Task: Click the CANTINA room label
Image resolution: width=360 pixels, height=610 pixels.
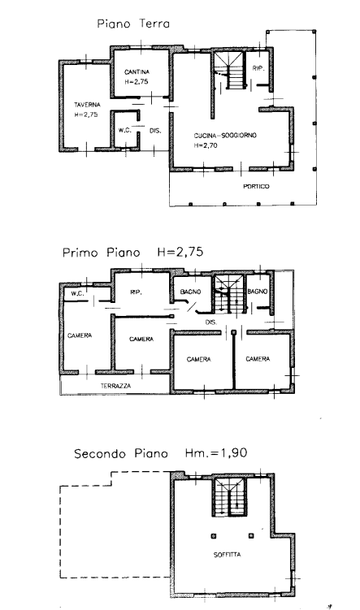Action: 137,72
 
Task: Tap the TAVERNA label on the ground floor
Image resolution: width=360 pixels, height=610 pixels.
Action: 87,105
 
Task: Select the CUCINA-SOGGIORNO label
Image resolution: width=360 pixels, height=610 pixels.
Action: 225,136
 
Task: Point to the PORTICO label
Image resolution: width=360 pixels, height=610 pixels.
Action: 256,186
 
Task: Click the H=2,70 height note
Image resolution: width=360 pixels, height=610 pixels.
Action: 206,145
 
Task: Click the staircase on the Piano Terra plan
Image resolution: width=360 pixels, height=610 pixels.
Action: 230,71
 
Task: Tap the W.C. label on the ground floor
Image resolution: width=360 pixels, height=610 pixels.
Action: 125,130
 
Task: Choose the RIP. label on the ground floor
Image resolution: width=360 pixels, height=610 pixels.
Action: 258,68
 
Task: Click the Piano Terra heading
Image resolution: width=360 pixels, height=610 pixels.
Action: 133,24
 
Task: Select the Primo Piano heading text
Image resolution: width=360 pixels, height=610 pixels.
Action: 102,253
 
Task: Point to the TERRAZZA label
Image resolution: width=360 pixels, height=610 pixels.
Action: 115,386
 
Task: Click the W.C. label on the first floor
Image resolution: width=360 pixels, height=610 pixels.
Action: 77,294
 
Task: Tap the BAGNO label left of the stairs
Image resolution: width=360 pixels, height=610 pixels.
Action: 191,292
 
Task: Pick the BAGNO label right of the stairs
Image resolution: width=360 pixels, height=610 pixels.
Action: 258,291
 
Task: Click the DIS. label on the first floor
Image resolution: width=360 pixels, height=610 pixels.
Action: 211,322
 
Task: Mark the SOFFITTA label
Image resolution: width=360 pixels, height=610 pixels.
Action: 228,555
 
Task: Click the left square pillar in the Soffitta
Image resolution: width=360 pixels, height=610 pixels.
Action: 213,536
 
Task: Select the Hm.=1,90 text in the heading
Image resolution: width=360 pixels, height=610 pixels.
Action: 216,453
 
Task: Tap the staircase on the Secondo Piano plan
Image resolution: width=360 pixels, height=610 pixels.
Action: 230,497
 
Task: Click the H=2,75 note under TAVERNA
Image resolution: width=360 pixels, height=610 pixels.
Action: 86,115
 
